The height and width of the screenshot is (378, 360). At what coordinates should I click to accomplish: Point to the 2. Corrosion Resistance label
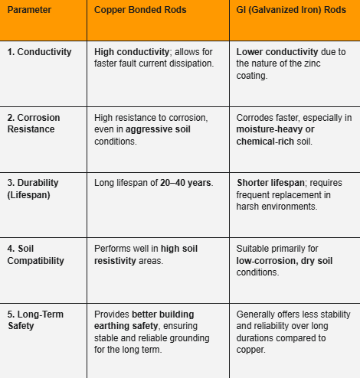(x=34, y=124)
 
